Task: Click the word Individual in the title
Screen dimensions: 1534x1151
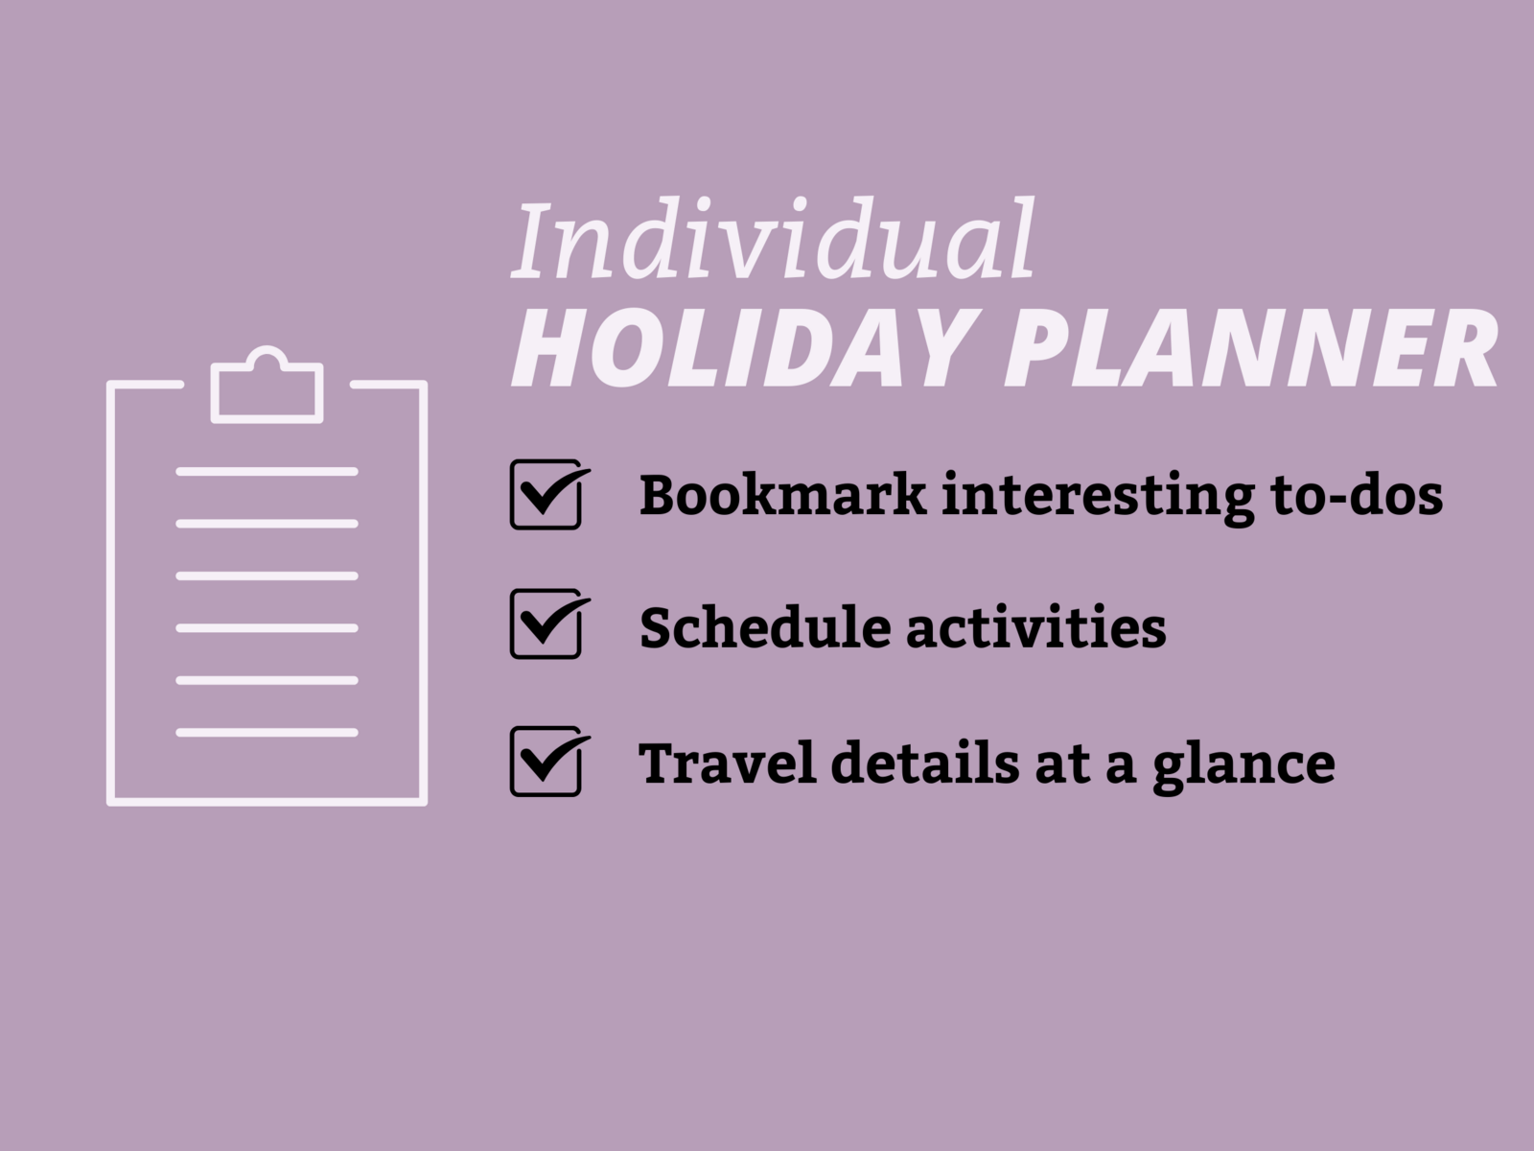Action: coord(773,239)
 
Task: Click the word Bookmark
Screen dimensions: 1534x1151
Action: coord(782,494)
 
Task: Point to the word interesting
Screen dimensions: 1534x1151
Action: coord(1098,498)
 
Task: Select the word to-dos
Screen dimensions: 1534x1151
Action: coord(1356,494)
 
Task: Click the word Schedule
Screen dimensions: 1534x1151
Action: coord(765,626)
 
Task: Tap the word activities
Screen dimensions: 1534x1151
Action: coord(1036,626)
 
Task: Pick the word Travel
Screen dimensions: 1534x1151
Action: coord(728,762)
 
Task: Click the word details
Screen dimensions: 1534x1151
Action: coord(924,762)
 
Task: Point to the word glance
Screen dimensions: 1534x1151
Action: coord(1243,766)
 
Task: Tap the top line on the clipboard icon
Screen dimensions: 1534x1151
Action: coord(267,472)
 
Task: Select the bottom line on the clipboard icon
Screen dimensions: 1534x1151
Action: coord(267,733)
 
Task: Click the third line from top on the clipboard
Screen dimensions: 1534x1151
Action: coord(267,575)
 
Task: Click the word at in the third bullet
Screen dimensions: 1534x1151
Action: coord(1062,763)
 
